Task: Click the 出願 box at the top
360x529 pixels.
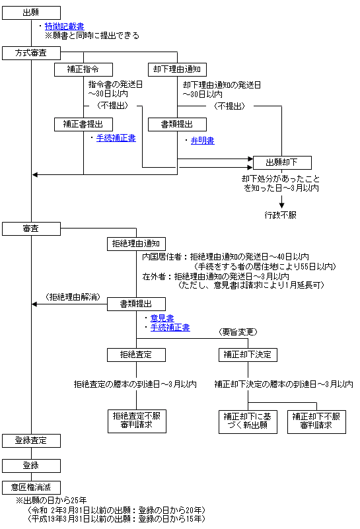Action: coord(32,13)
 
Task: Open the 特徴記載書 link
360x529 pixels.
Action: coord(65,26)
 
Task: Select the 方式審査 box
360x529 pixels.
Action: coord(32,53)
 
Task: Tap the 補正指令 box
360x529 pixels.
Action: coord(83,69)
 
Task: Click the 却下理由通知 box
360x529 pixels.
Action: coord(178,69)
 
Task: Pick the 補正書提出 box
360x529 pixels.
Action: coord(83,124)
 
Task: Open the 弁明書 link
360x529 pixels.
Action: coord(202,141)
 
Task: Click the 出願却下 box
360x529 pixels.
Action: coord(282,162)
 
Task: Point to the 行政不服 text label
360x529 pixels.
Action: coord(280,215)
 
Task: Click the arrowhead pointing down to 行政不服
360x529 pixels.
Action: coord(281,205)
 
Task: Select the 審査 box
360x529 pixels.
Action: coord(32,229)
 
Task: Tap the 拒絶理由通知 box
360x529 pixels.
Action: coord(136,244)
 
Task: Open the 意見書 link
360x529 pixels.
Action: coord(162,318)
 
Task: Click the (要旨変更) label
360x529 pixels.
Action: coord(238,332)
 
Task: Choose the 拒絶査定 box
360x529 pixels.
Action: coord(136,355)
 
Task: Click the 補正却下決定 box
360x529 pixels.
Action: coord(248,355)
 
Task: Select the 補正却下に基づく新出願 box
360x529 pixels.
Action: coord(248,422)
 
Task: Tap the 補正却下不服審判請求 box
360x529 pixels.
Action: coord(317,422)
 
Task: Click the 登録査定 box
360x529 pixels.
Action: coord(32,441)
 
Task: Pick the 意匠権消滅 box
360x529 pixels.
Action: coord(32,487)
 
